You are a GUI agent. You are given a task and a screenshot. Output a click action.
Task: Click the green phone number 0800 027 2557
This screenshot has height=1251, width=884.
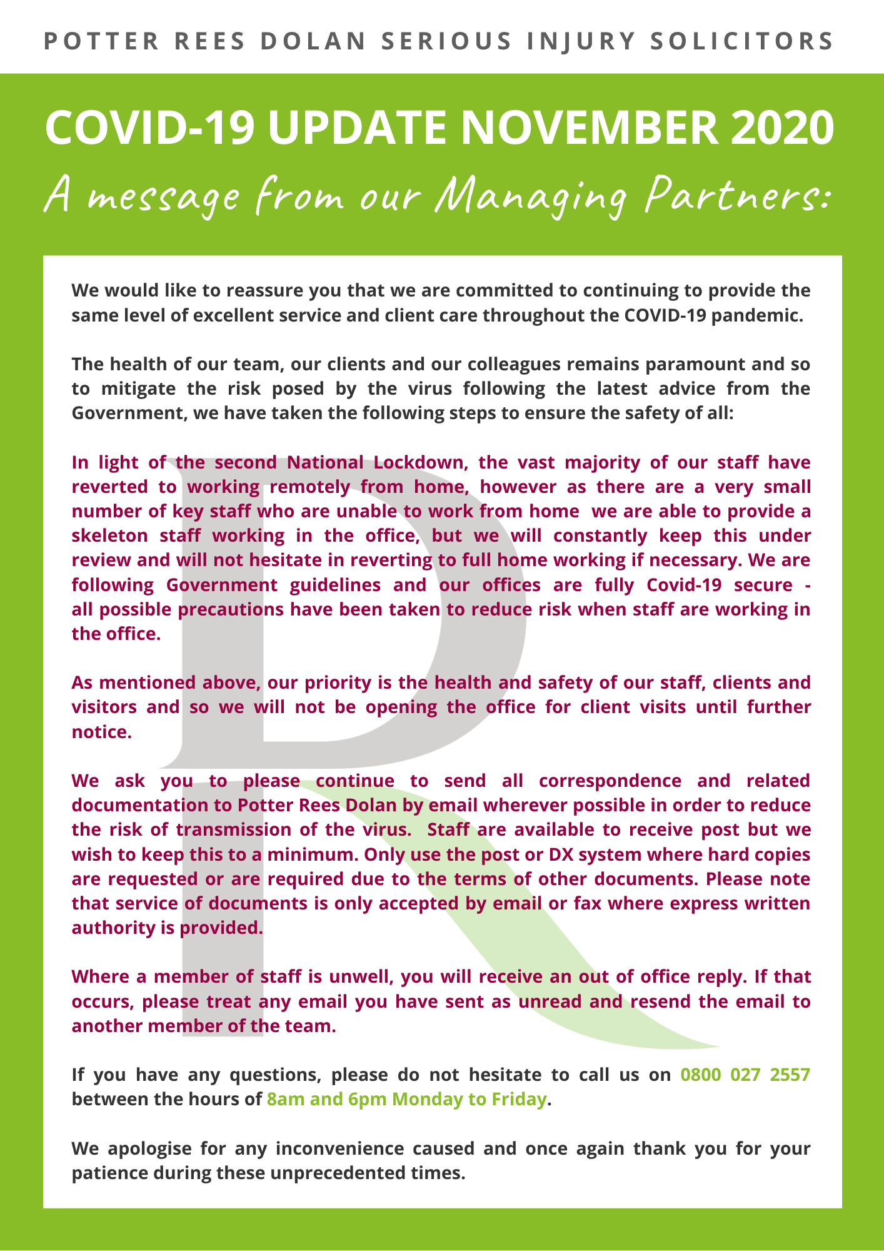pyautogui.click(x=745, y=1075)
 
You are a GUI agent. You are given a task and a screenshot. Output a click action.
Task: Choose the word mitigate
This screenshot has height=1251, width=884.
pyautogui.click(x=134, y=388)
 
